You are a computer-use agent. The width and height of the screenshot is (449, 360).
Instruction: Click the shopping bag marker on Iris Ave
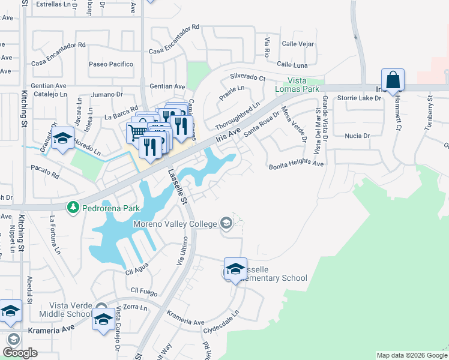tap(393, 80)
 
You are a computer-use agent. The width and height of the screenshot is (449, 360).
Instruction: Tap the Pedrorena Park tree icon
tap(74, 207)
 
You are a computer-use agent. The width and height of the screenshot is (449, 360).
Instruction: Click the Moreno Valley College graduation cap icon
tap(226, 224)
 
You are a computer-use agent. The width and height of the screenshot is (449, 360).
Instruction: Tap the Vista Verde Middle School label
tap(65, 310)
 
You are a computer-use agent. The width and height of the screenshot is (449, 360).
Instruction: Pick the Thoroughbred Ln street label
tap(238, 116)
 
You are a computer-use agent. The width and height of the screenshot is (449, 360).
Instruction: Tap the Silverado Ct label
tap(248, 77)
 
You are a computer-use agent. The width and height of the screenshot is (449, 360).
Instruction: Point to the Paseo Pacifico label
tap(111, 64)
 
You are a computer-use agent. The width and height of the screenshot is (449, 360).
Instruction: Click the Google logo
tap(20, 353)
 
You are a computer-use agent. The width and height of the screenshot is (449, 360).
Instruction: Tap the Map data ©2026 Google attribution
tap(412, 355)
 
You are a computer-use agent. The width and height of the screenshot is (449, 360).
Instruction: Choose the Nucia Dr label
tap(357, 136)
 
